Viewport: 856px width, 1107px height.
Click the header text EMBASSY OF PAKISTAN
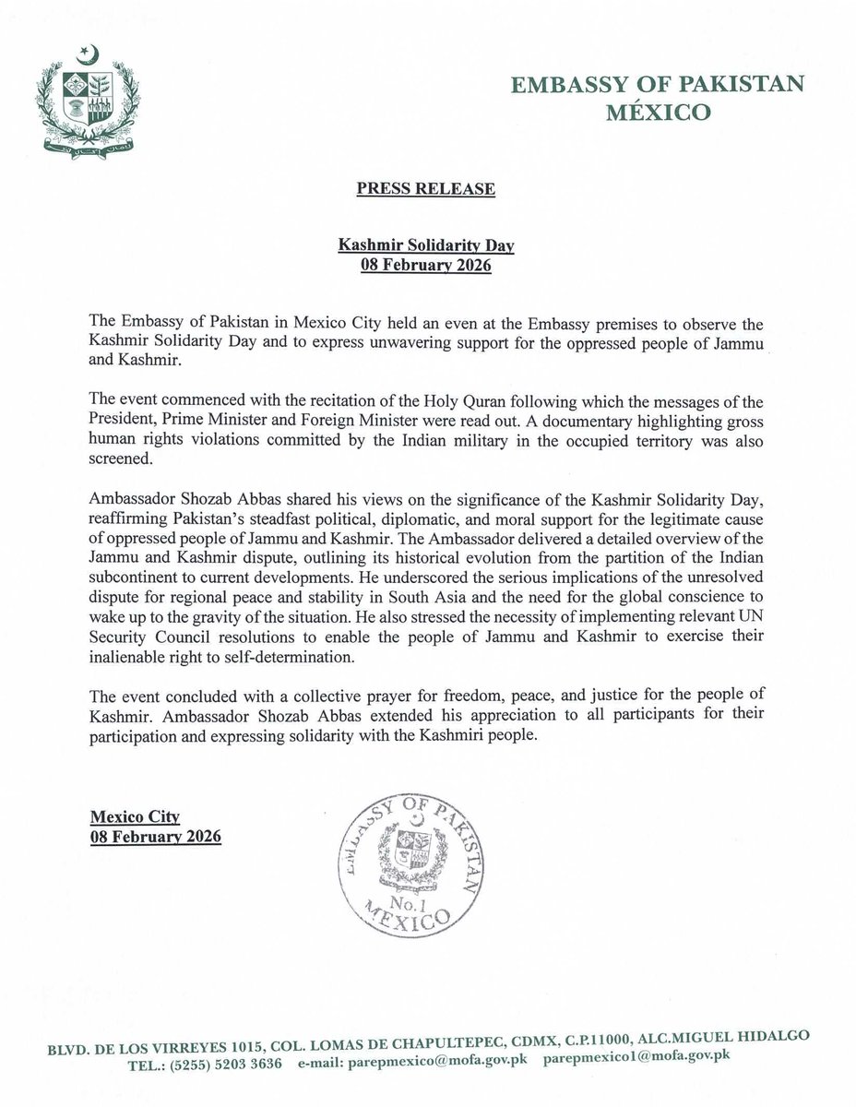(x=659, y=86)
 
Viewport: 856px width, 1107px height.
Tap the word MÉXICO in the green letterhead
(x=658, y=114)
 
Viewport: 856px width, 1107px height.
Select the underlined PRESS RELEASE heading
(x=426, y=189)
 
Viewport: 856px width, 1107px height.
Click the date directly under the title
(x=426, y=268)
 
